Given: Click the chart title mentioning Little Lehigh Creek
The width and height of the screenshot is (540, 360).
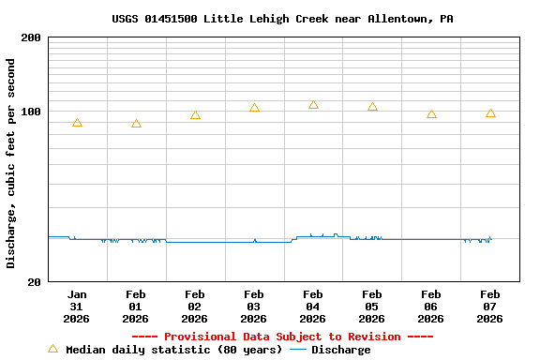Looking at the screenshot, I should tap(282, 19).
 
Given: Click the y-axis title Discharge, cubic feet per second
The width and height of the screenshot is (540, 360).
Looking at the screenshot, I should tap(11, 163).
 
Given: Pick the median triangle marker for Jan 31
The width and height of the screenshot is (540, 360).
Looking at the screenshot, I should tap(77, 123).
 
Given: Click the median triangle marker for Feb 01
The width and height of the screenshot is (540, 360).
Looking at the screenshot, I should tap(136, 124).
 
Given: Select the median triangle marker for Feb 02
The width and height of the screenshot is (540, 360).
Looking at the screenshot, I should tap(195, 115).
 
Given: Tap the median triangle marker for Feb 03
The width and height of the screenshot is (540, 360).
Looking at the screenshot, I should tap(254, 108).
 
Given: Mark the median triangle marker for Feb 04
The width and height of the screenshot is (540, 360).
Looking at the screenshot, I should tap(313, 105).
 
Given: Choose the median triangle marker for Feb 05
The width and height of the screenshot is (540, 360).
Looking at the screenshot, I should tap(372, 107).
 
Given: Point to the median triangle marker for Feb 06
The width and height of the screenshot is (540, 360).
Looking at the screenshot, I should tap(431, 114).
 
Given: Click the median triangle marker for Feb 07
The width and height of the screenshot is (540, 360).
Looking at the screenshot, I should tap(490, 113).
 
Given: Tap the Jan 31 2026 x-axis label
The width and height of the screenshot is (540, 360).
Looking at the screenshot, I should tap(77, 306).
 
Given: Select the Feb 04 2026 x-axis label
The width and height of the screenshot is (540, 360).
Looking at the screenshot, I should tap(313, 306).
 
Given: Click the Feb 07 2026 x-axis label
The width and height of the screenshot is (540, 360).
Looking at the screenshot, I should tap(490, 306).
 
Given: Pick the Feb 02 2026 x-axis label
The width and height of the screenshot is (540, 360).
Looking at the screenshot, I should tap(195, 306).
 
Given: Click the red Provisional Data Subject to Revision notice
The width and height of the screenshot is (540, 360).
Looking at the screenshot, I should tap(282, 337).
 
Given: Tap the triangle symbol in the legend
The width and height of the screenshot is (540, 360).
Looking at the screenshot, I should tap(52, 349).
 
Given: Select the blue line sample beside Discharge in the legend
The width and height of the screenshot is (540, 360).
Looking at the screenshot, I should tap(298, 350).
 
